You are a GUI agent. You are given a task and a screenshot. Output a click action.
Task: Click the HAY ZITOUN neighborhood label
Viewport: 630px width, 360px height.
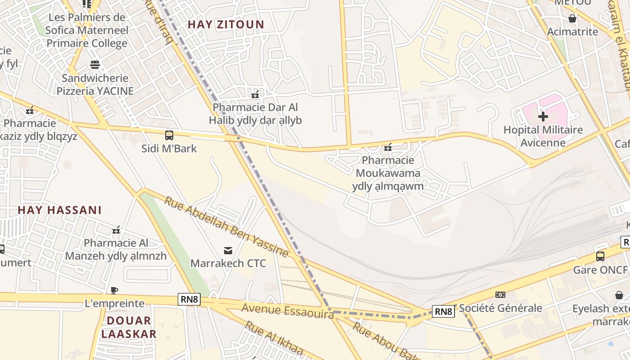(x=225, y=24)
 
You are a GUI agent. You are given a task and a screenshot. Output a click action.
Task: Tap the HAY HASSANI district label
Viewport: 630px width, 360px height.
(x=59, y=210)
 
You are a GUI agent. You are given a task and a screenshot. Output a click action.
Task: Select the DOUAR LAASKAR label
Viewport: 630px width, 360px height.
(x=129, y=327)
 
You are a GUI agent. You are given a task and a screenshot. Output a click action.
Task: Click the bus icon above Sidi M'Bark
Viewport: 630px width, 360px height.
(x=169, y=135)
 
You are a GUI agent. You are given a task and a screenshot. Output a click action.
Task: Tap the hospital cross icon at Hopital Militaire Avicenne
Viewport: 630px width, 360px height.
(x=543, y=117)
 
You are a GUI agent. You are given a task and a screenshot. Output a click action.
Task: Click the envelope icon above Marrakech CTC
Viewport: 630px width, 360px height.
(x=228, y=250)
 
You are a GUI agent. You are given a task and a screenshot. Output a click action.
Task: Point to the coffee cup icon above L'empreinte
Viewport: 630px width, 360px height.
(x=114, y=290)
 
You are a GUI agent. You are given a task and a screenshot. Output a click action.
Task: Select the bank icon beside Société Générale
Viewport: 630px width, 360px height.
(x=500, y=295)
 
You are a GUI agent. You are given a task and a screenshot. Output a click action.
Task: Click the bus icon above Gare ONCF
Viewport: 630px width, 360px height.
(x=600, y=256)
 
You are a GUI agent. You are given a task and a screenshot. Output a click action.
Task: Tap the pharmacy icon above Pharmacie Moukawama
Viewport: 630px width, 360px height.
(x=388, y=147)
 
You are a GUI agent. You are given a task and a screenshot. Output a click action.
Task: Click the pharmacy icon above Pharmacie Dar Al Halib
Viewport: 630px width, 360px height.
(x=255, y=94)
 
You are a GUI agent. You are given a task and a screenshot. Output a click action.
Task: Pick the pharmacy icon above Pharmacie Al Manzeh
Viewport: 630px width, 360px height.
(x=116, y=230)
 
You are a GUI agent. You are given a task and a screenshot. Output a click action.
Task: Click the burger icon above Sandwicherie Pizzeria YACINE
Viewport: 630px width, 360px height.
(x=94, y=65)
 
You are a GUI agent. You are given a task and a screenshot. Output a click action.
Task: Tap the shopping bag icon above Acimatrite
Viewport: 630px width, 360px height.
(x=572, y=18)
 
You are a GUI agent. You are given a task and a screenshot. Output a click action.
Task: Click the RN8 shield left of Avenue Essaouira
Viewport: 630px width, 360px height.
(x=189, y=299)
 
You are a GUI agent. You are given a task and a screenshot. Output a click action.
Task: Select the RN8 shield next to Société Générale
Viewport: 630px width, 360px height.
(x=443, y=311)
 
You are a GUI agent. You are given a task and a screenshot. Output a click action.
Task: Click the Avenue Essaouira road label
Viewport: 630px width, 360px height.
(x=287, y=310)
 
